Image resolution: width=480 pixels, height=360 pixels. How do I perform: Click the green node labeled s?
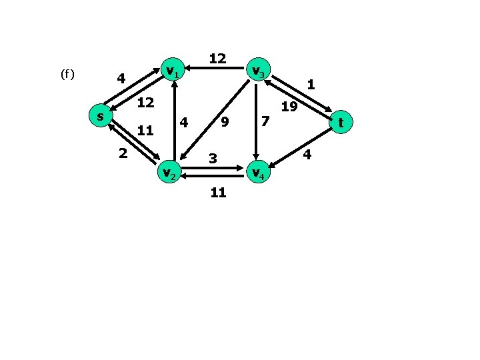(100, 117)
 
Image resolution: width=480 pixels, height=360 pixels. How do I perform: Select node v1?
(173, 70)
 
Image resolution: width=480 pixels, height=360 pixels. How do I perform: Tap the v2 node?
(169, 173)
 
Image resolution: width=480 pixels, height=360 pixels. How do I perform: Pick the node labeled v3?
(257, 70)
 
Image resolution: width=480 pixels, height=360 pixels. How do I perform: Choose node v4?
(257, 173)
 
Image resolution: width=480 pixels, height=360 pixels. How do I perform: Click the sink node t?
(341, 123)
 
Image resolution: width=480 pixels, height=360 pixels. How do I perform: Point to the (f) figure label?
(67, 74)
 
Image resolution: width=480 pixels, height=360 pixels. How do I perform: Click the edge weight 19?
(288, 107)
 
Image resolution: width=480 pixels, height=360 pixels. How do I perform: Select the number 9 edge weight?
(225, 123)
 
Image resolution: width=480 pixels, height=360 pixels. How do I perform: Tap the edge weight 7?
(265, 121)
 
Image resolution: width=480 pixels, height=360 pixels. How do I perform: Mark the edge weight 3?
(212, 159)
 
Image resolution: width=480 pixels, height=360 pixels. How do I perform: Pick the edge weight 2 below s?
(122, 153)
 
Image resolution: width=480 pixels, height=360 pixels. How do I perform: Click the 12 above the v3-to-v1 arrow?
(217, 59)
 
